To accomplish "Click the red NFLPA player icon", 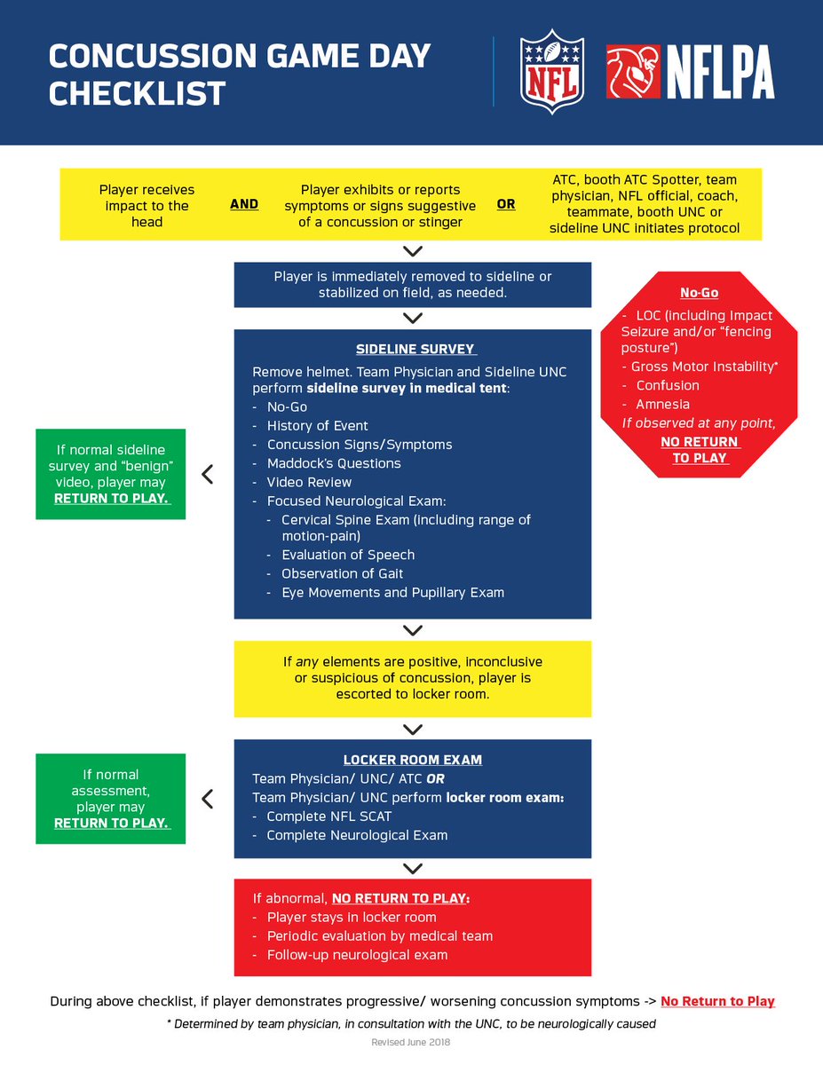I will [x=633, y=72].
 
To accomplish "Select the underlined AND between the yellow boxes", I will [x=244, y=204].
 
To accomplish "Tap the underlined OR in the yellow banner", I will [x=506, y=204].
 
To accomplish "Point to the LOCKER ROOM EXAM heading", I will [x=413, y=761].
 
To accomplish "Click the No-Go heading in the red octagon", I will [x=700, y=293].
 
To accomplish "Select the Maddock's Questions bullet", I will [x=333, y=463].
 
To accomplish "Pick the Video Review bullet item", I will [x=309, y=482].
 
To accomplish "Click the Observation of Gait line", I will [x=342, y=573].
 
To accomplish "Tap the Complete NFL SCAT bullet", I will [x=328, y=816].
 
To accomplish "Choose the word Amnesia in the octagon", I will [x=661, y=404].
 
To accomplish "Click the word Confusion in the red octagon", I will [x=668, y=385].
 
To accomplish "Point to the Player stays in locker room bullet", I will [x=351, y=918].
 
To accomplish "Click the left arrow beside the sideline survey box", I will [x=208, y=475].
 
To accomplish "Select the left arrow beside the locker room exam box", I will [x=208, y=799].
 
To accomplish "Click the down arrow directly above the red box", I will [x=412, y=868].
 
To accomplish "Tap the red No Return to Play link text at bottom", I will [x=717, y=1001].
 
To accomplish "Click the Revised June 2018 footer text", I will [x=411, y=1042].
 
